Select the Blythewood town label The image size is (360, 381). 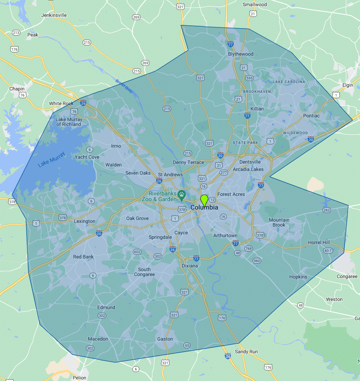point(241,54)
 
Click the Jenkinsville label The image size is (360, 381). point(54,16)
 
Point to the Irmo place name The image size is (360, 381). point(116,146)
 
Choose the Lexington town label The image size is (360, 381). point(85,221)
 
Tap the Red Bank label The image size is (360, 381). point(83,257)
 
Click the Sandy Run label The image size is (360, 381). point(246,352)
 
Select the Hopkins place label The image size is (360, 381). point(298,277)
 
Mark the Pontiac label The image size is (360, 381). point(311,116)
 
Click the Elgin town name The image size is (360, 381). point(347,85)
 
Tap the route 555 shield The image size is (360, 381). point(250,78)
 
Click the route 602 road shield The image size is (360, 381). point(137,251)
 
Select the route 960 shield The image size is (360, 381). point(257,261)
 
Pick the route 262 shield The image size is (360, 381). point(326,210)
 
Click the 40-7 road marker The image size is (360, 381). point(327,250)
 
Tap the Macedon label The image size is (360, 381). point(98,339)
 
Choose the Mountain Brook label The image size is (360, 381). point(279,222)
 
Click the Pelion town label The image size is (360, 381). point(79,378)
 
